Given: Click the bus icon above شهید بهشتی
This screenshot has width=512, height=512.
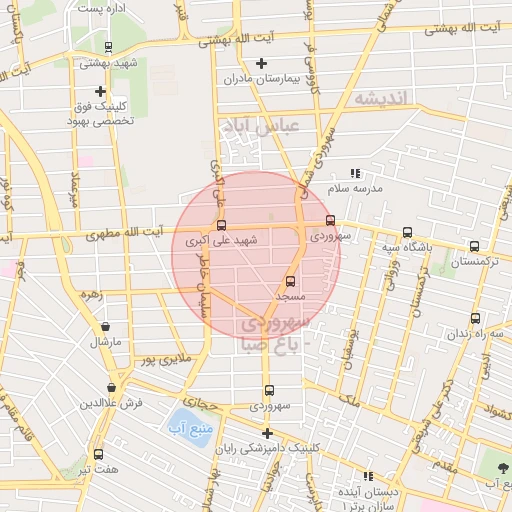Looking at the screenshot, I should (x=108, y=46).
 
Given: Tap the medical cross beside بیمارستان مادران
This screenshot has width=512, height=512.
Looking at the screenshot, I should (x=262, y=63).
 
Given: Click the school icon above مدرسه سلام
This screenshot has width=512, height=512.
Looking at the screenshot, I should (x=356, y=174).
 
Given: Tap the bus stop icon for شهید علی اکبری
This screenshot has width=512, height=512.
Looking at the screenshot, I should (x=221, y=225).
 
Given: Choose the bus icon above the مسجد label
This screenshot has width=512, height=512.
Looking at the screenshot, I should (x=291, y=282).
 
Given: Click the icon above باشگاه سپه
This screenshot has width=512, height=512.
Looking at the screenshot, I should (x=405, y=231).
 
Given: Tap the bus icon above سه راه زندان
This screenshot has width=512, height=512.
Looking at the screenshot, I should (x=475, y=319).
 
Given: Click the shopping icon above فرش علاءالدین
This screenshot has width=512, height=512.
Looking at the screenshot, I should (x=111, y=387).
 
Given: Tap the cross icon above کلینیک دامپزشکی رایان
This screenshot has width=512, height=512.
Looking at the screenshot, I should (x=266, y=433).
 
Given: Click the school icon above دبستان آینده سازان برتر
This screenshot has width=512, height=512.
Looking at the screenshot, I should (x=368, y=476).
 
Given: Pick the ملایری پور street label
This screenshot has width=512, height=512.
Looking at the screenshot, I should (x=160, y=357).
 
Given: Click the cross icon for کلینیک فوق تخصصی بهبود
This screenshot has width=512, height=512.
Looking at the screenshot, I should (x=100, y=91).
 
